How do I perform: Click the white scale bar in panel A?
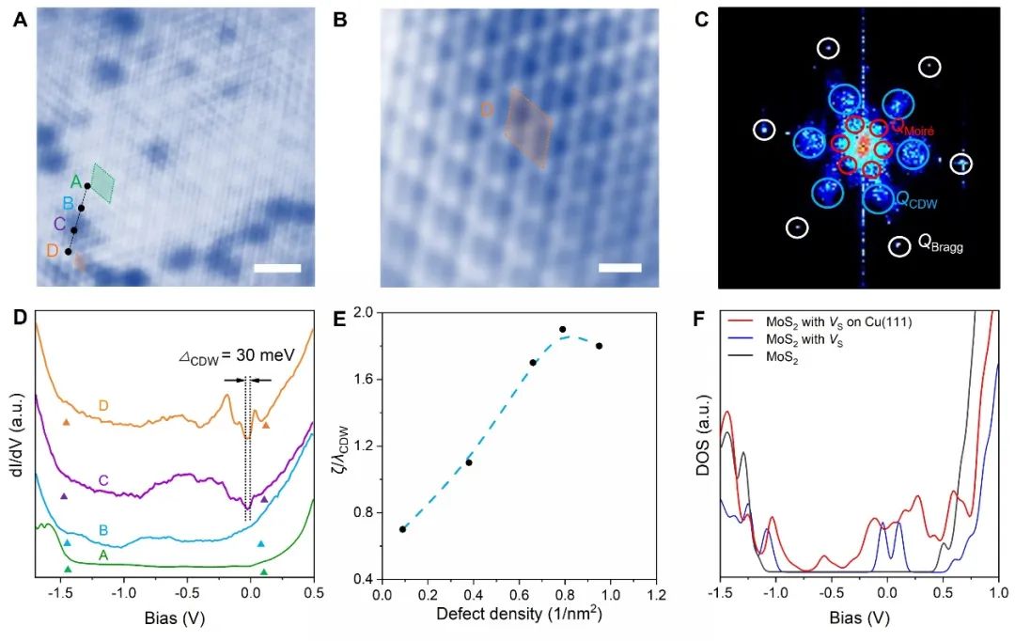pos(277,269)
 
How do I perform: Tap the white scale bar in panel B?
pos(619,269)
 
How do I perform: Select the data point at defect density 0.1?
pos(402,529)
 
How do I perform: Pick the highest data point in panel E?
pos(562,330)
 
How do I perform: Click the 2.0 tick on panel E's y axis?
pos(359,313)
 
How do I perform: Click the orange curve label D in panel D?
pos(104,406)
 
